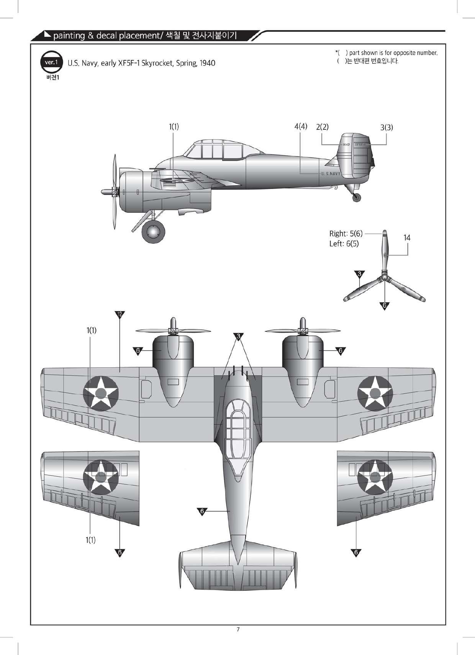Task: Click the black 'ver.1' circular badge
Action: (x=51, y=62)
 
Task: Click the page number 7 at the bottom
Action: (x=238, y=629)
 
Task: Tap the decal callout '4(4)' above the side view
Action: (x=301, y=126)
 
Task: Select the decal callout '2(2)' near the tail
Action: (x=322, y=127)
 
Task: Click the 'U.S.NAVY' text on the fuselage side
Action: (x=331, y=174)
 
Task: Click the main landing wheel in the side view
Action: (x=154, y=232)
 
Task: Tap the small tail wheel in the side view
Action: (x=357, y=197)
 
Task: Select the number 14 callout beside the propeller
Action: (x=407, y=238)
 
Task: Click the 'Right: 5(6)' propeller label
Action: (x=346, y=233)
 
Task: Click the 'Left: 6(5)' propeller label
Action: (x=344, y=244)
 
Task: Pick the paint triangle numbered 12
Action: (x=120, y=314)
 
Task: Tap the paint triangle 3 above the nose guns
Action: (x=238, y=336)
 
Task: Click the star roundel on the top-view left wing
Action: (x=101, y=393)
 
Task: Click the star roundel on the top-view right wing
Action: (x=375, y=393)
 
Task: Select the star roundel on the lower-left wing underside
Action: (x=101, y=476)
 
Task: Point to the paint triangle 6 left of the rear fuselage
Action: (x=202, y=511)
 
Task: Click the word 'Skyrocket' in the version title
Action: (x=157, y=63)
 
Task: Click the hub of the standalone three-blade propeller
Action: (x=385, y=279)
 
